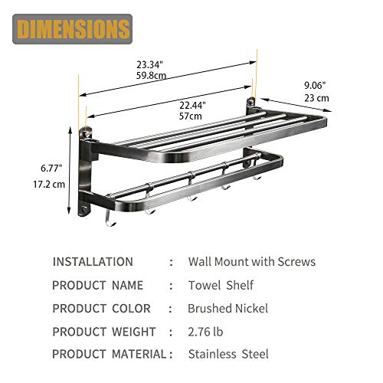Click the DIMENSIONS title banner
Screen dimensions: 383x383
click(72, 29)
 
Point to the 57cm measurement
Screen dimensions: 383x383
click(191, 115)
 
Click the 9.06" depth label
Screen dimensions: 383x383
click(314, 86)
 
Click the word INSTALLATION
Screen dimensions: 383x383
click(93, 262)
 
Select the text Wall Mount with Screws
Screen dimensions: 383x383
click(251, 262)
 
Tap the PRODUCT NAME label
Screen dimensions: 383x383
click(97, 285)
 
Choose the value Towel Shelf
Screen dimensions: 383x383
click(221, 285)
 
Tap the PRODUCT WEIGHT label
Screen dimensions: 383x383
click(103, 332)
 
